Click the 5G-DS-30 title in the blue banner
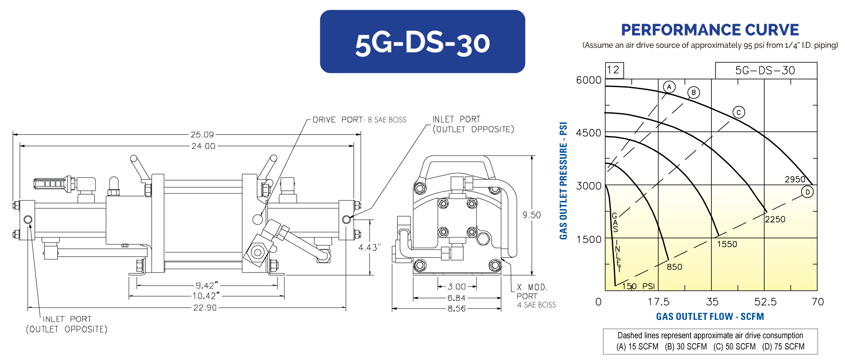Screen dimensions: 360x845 (422, 43)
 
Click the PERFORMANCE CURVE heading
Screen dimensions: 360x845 (710, 30)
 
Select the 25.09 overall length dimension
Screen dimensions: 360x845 (202, 134)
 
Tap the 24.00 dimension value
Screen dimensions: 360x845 (203, 146)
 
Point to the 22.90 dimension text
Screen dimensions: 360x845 (204, 308)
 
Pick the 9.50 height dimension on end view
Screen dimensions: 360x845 (532, 215)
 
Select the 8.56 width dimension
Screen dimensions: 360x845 (456, 308)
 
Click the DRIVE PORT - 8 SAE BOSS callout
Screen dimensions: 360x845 (359, 120)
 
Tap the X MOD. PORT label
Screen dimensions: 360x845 (532, 292)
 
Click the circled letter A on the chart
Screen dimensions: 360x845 (669, 87)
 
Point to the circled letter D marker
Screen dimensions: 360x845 (807, 192)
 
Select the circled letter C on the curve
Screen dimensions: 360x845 (739, 112)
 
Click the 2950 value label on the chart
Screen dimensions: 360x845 (795, 179)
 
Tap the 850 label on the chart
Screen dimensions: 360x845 (674, 267)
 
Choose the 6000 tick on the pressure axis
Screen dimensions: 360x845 (589, 80)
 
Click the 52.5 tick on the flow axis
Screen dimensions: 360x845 (765, 302)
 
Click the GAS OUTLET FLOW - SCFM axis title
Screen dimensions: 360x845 (710, 316)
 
